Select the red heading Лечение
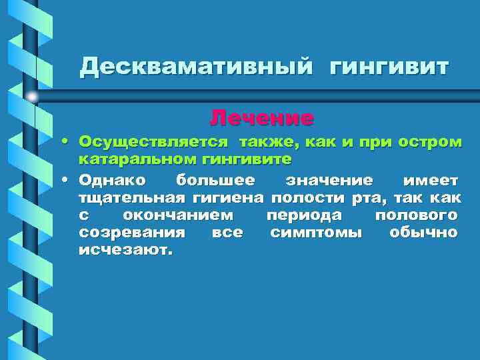click(261, 119)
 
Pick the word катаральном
click(133, 160)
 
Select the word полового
click(416, 215)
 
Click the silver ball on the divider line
click(33, 97)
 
